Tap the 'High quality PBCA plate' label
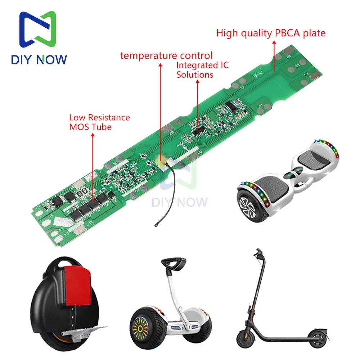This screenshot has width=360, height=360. (271, 33)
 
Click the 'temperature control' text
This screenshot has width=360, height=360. (166, 55)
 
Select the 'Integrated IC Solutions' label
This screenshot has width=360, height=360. (202, 70)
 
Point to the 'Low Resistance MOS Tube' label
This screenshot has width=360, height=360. (99, 122)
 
